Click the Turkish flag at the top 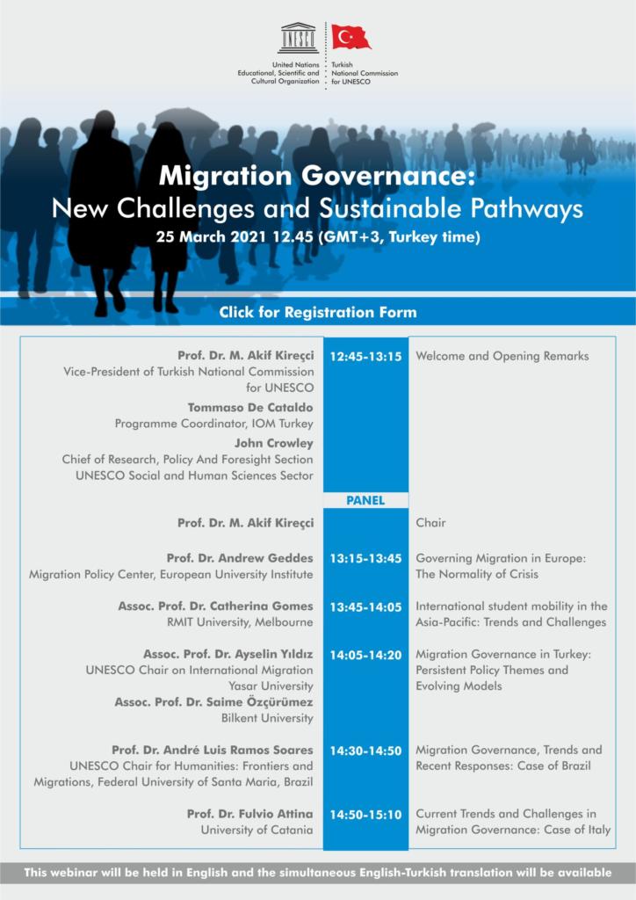click(351, 37)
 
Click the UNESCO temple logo click(299, 39)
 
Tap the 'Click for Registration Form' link click(318, 312)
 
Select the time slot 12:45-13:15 click(365, 357)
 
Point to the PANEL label click(365, 500)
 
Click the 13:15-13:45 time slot click(365, 558)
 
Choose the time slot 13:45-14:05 click(365, 606)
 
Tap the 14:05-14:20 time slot click(365, 655)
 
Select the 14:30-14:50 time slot click(365, 751)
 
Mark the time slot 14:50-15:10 click(365, 815)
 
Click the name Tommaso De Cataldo click(249, 408)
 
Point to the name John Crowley click(273, 443)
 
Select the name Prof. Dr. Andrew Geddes click(239, 558)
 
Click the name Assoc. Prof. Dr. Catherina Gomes click(215, 606)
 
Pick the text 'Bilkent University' click(267, 718)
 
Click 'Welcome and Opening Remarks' click(502, 357)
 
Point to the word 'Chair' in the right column click(430, 523)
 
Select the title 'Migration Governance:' click(317, 178)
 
